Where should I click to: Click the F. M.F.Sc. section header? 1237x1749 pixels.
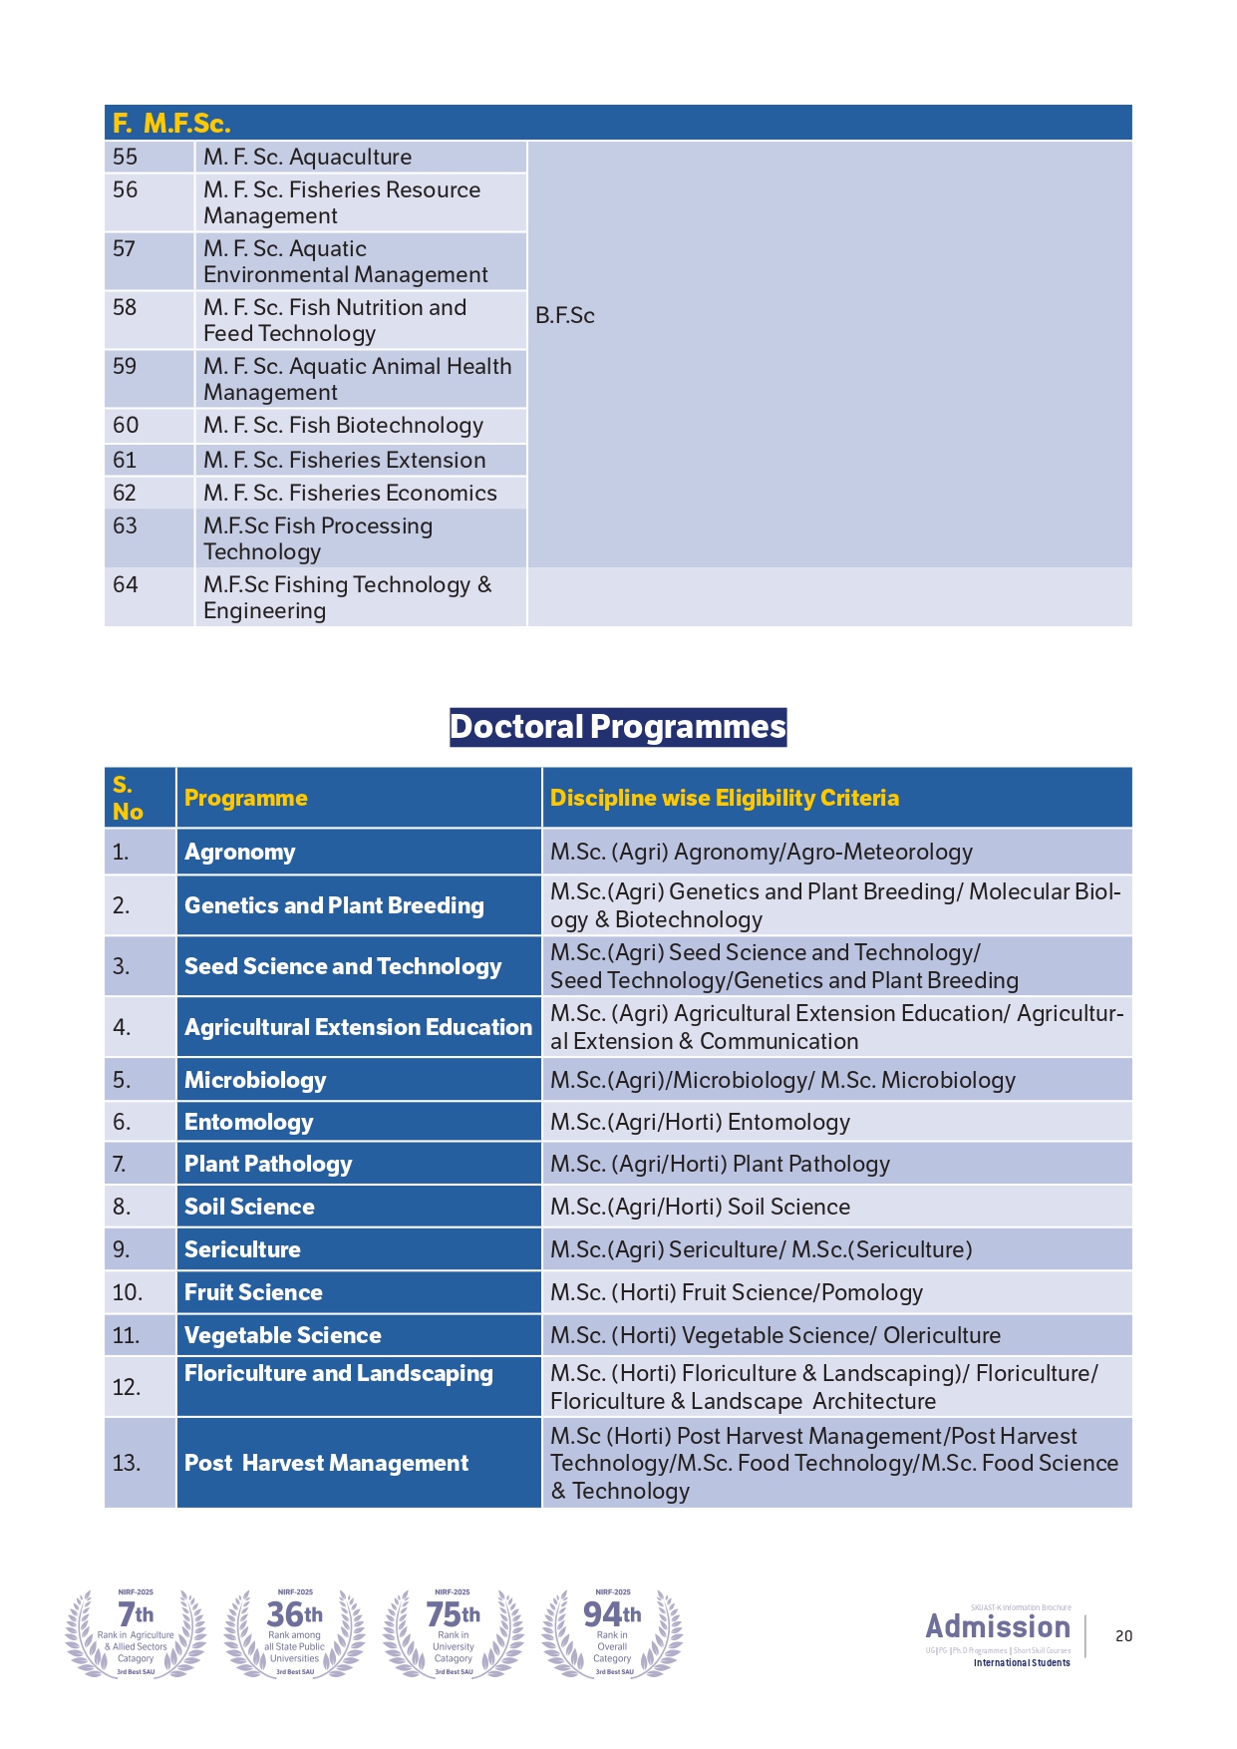[171, 123]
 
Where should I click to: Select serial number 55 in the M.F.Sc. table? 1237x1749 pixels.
[126, 157]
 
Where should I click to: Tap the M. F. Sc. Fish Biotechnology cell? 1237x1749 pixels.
[343, 426]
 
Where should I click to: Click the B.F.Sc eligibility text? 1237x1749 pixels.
[565, 315]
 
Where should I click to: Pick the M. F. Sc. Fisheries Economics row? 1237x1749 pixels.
[350, 493]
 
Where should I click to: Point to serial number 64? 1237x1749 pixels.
[126, 584]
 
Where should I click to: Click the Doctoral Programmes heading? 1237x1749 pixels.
[618, 727]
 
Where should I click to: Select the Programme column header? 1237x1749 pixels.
[246, 798]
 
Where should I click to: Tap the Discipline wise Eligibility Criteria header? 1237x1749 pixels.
[725, 798]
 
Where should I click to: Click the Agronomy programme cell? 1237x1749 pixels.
[240, 852]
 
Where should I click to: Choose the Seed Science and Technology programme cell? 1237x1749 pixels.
[343, 966]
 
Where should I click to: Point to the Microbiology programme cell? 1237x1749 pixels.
[255, 1080]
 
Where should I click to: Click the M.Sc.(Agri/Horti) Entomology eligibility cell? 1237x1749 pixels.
[700, 1122]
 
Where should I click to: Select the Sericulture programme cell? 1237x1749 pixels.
[242, 1249]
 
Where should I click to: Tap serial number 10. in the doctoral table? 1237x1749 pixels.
[128, 1292]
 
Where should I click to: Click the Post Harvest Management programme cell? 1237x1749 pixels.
[326, 1463]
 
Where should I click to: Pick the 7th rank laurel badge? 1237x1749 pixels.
[136, 1632]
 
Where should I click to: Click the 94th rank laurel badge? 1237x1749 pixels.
[612, 1632]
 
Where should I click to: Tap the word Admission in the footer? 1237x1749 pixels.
[998, 1626]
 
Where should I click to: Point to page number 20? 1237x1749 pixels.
[1123, 1636]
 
